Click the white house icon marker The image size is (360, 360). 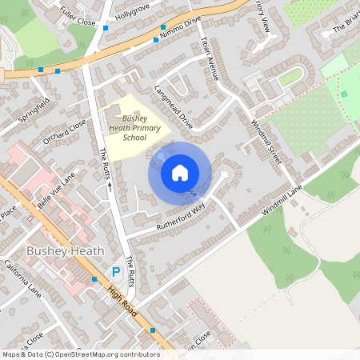(180, 172)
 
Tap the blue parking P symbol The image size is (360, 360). (117, 272)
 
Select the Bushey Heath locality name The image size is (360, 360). (66, 250)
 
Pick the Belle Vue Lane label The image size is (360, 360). (53, 193)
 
